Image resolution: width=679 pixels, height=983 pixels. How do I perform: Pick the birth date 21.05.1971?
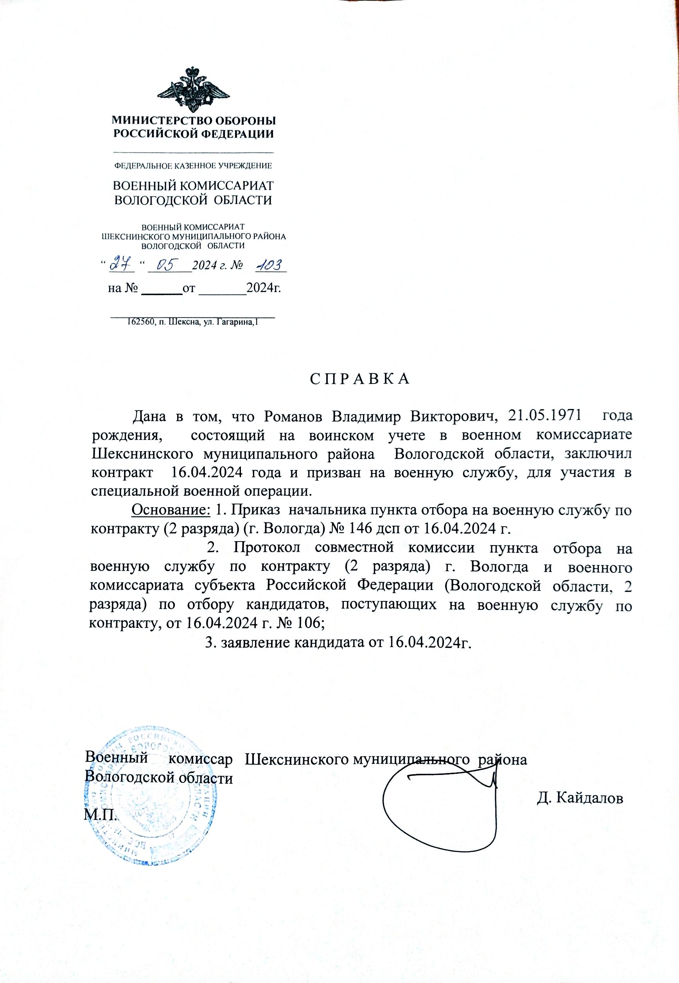(x=544, y=416)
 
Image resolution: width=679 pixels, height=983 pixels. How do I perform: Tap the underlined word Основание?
(x=171, y=509)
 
